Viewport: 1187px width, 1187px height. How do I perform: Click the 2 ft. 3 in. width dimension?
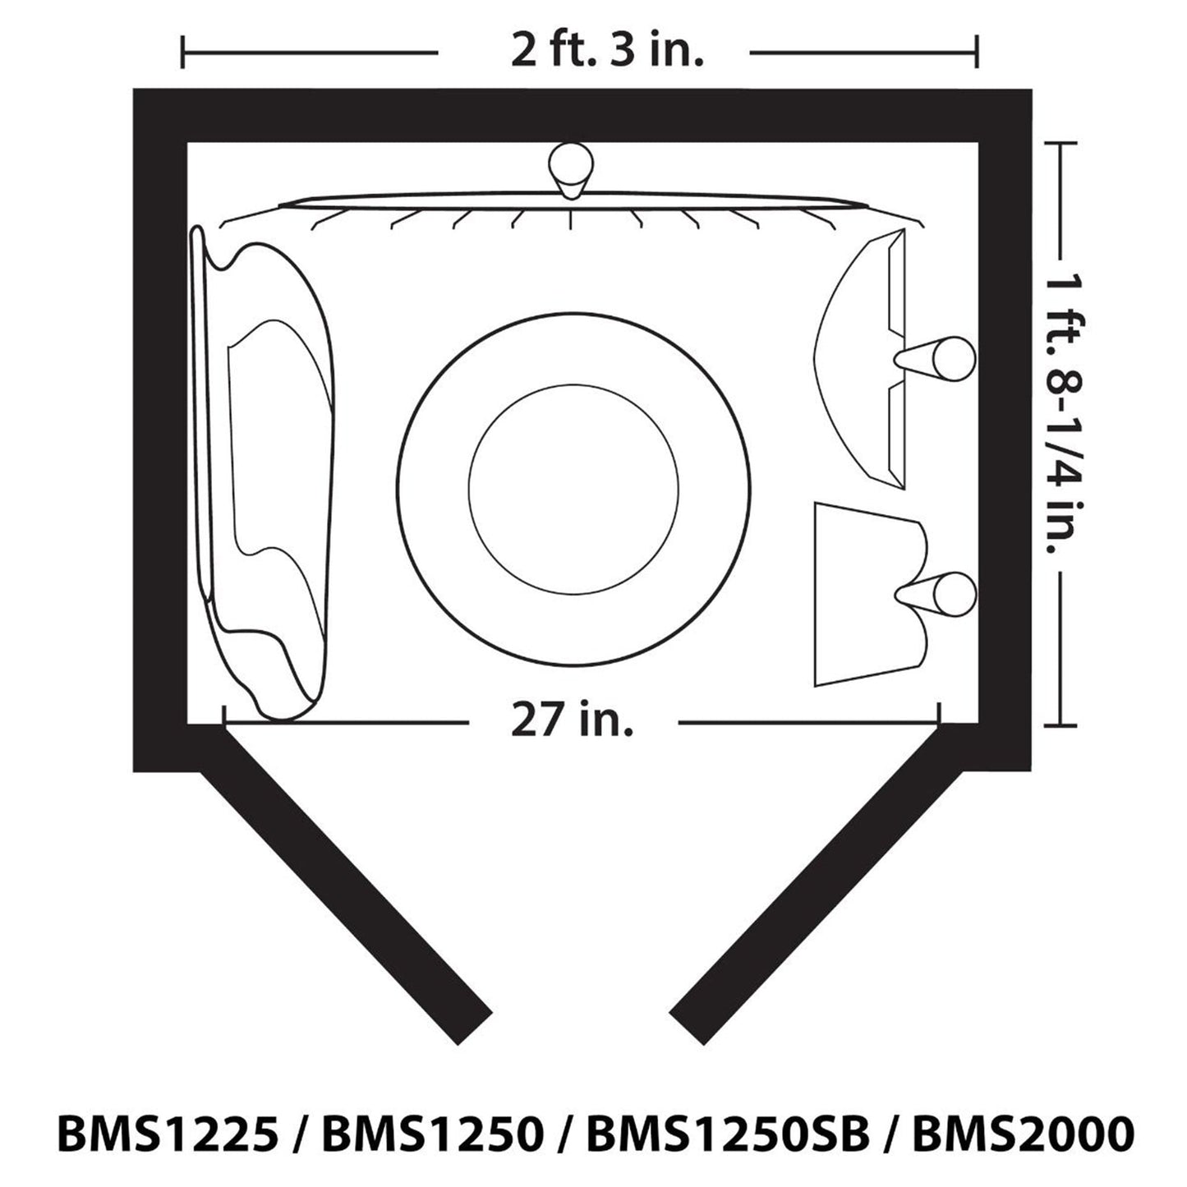tap(607, 52)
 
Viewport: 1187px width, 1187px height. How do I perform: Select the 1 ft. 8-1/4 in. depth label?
tap(1065, 433)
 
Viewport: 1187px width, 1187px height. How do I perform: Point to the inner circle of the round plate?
tap(573, 489)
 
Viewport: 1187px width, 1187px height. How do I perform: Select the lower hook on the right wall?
tap(935, 596)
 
